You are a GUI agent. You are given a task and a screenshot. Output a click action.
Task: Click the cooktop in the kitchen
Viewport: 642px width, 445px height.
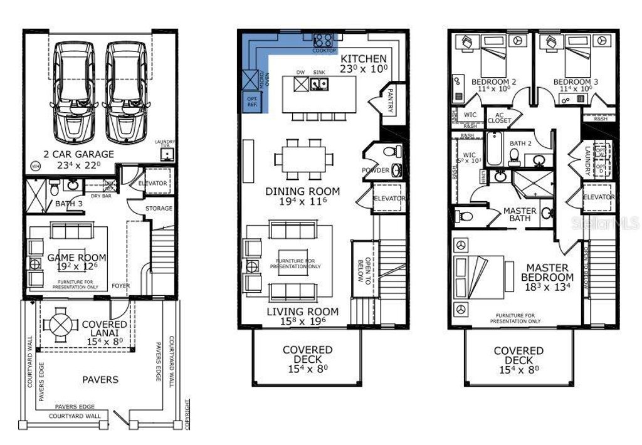325,38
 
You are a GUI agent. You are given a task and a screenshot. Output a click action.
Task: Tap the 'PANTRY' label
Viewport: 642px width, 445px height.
390,101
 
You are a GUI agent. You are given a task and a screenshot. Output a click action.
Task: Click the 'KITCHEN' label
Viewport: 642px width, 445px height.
364,59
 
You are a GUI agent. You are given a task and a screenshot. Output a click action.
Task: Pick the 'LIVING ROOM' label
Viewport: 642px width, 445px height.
303,311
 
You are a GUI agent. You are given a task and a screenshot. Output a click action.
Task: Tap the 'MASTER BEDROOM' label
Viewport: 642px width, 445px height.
550,272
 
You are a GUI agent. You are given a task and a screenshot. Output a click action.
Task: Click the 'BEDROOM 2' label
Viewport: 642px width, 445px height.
494,81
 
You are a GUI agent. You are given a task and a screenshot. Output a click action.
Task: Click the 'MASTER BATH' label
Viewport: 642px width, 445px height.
520,215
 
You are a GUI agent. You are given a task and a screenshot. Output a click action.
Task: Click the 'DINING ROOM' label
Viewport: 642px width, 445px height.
303,191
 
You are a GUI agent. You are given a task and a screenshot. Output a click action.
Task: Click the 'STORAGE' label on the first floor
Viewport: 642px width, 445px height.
159,208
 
